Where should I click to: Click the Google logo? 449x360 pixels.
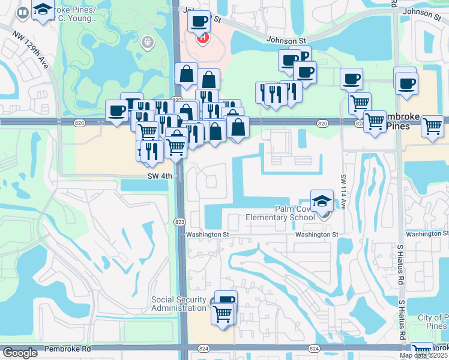[x=20, y=353]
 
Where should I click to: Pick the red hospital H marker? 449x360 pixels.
[x=203, y=38]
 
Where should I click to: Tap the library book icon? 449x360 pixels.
[x=23, y=12]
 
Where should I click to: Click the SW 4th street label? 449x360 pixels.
[x=160, y=176]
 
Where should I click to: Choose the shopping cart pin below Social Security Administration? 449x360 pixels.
[x=223, y=313]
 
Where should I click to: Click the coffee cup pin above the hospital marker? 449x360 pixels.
[x=199, y=22]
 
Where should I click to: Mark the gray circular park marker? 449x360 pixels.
[x=147, y=43]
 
